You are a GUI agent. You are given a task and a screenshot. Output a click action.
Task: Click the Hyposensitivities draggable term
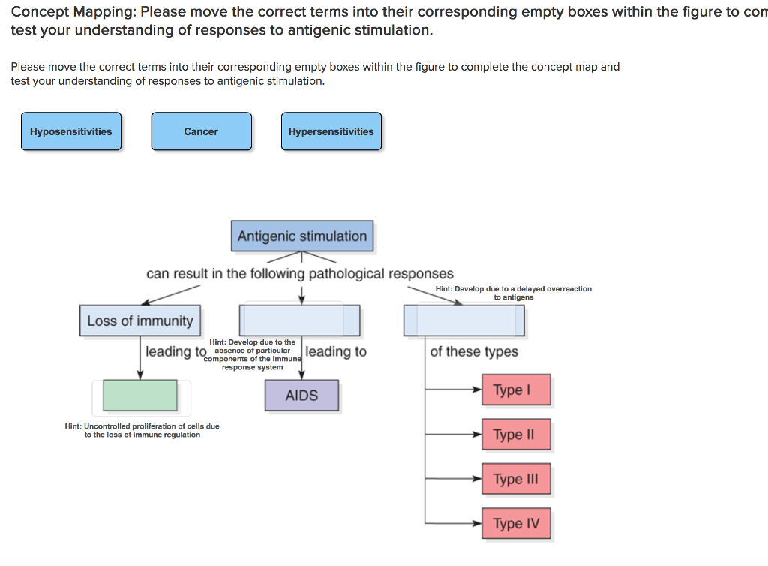tap(71, 131)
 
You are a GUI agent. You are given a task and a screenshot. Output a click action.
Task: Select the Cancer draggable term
tap(201, 131)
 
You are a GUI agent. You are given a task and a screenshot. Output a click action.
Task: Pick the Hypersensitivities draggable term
tap(331, 131)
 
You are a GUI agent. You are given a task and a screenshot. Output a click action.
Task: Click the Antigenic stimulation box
tap(301, 236)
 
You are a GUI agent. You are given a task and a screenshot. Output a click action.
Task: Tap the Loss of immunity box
tap(140, 321)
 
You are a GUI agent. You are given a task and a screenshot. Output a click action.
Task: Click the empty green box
tap(140, 396)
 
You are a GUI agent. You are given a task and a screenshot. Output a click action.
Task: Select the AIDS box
tap(301, 396)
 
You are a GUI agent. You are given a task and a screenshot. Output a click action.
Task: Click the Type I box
tap(516, 390)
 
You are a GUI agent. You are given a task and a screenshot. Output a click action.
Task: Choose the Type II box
tap(516, 435)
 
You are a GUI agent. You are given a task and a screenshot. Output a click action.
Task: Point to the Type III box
tap(516, 479)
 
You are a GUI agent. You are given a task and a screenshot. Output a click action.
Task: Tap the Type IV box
tap(516, 523)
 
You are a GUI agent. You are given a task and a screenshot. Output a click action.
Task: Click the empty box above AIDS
tap(299, 321)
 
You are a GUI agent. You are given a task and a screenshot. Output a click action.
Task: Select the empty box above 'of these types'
tap(464, 321)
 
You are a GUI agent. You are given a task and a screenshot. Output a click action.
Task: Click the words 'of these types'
tap(474, 351)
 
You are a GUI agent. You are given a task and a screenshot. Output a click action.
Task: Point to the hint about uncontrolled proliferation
tap(142, 430)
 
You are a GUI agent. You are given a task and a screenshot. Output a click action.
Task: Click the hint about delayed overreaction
tap(513, 293)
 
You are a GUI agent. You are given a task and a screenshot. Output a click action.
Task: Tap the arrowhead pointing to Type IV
tap(477, 523)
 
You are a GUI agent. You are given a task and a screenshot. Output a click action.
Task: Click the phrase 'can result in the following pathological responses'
tap(300, 274)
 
